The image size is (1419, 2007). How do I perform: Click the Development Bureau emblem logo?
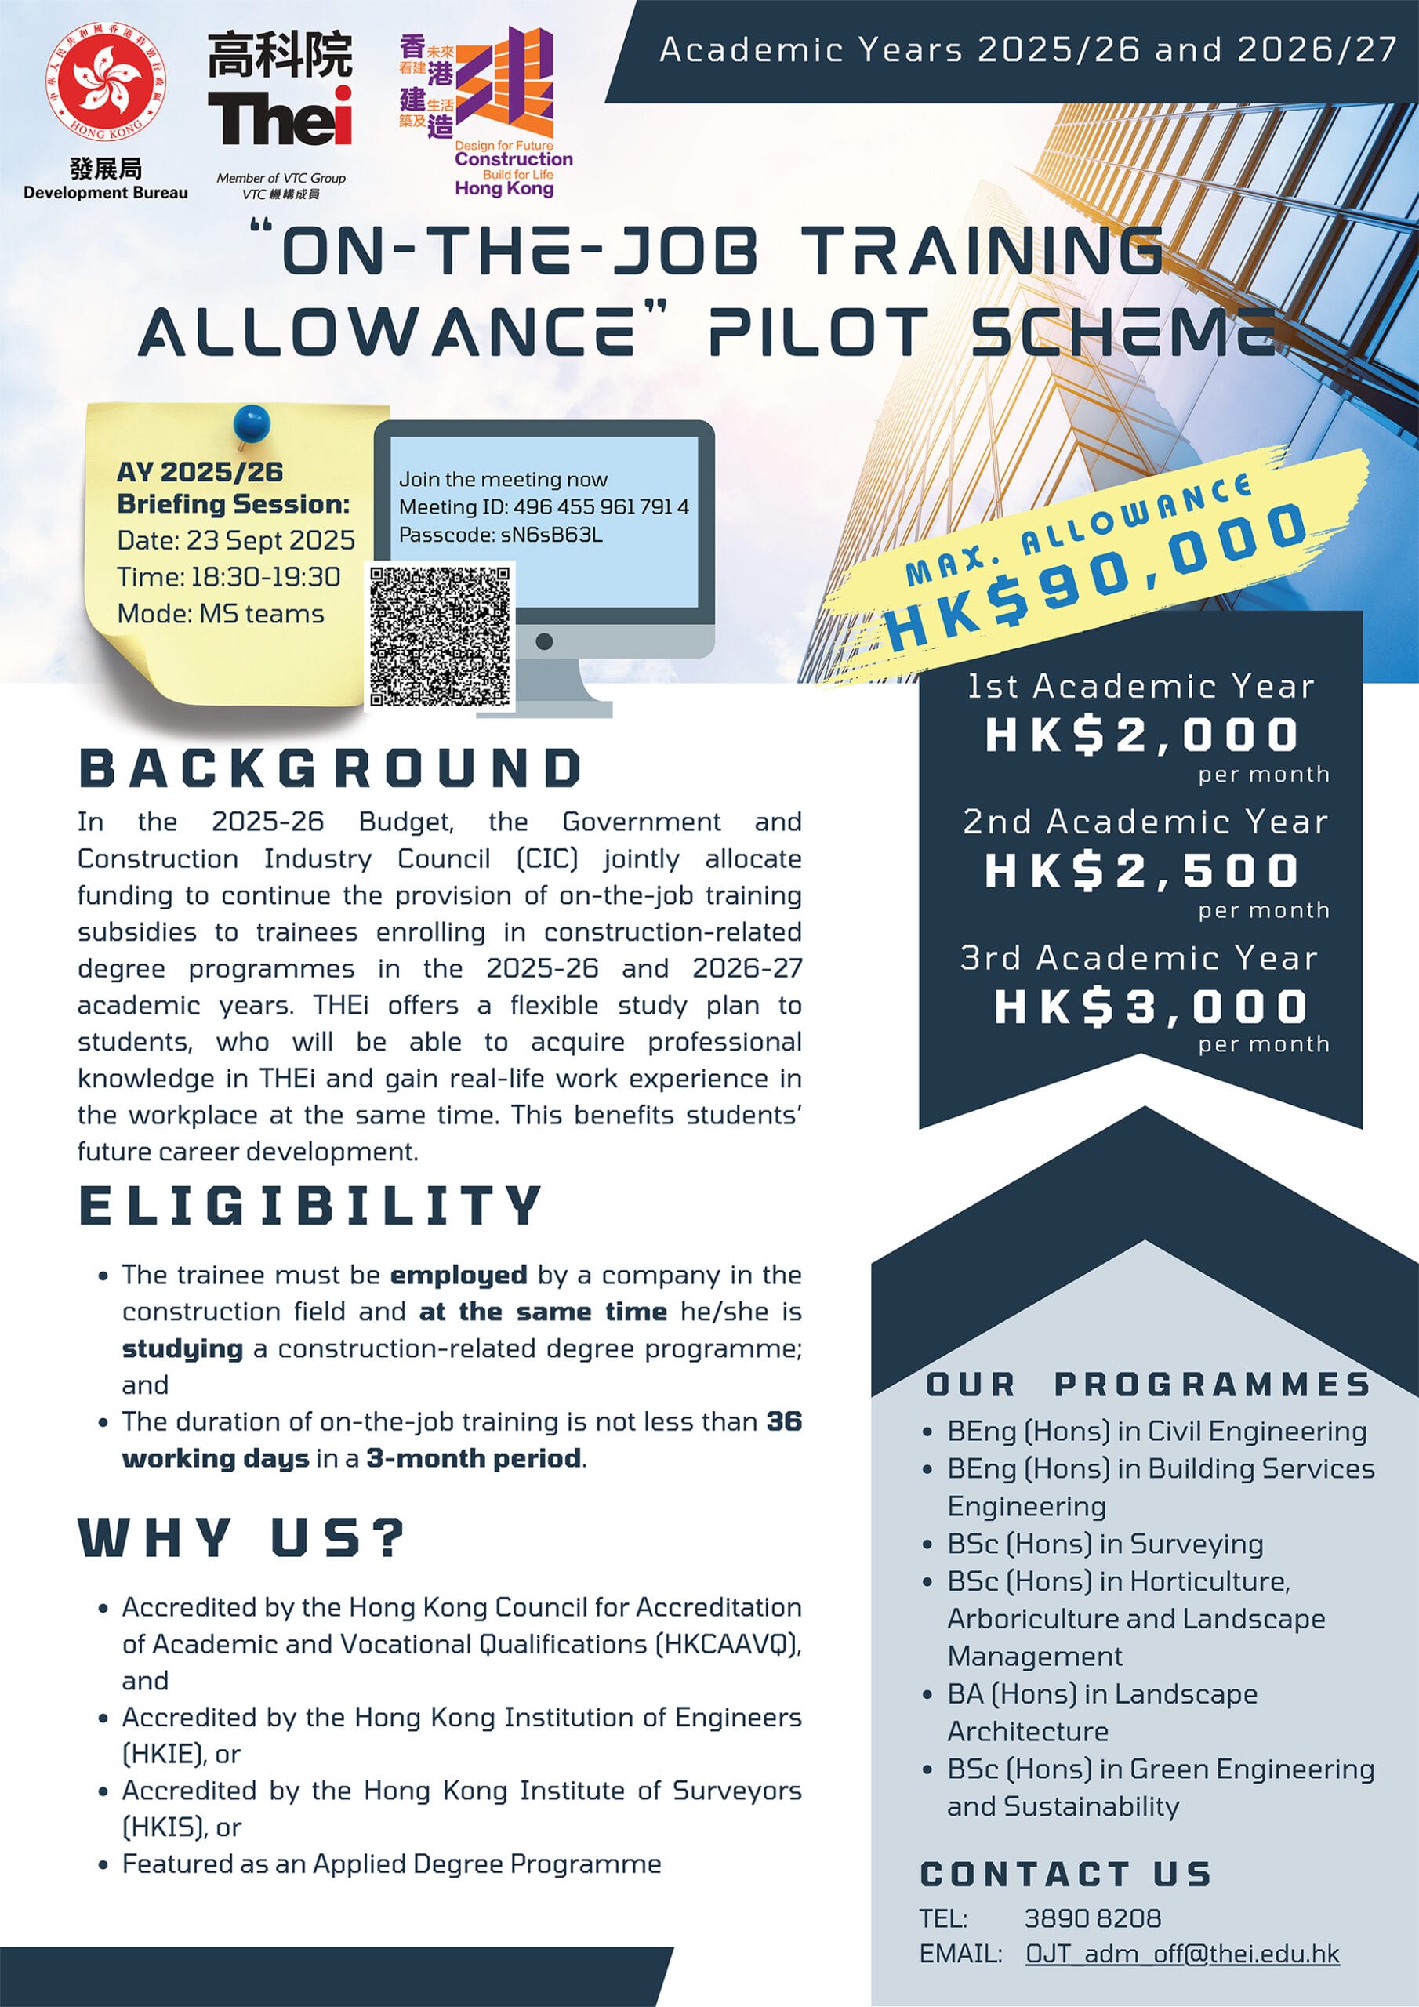coord(106,82)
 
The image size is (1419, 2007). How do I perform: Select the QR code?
coord(440,637)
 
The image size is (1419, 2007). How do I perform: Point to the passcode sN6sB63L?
coord(551,535)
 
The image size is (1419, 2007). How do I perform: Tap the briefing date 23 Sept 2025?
coord(270,540)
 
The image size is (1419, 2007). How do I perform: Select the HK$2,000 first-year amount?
coord(1141,735)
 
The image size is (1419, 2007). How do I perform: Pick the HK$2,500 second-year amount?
coord(1141,871)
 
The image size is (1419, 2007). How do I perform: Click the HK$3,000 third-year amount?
coord(1150,1007)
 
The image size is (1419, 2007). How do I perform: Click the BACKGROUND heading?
coord(331,769)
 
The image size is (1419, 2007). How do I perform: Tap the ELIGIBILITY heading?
coord(310,1206)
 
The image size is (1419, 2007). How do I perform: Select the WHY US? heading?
coord(242,1537)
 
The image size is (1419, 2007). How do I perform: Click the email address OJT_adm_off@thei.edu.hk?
coord(1182,1954)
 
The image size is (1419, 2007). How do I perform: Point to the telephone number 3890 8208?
coord(1092,1918)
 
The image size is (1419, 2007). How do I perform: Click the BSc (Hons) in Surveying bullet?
coord(1105,1544)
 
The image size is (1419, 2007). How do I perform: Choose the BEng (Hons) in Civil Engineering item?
coord(1156,1431)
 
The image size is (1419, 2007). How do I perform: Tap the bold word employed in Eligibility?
coord(458,1276)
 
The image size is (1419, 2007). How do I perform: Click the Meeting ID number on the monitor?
coord(601,507)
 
